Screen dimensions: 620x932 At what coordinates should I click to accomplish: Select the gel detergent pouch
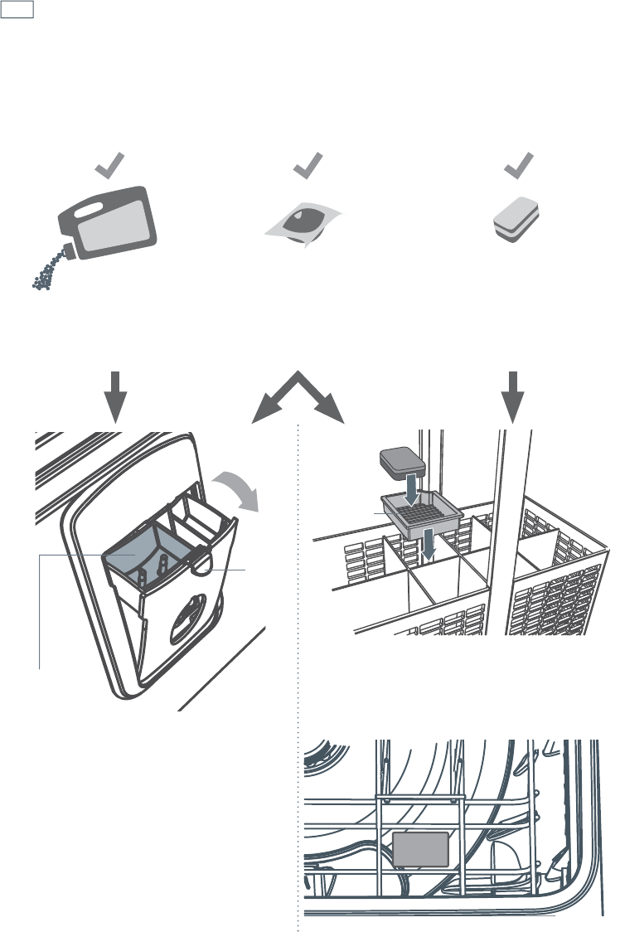point(306,223)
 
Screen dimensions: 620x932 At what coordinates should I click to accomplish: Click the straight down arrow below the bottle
point(117,395)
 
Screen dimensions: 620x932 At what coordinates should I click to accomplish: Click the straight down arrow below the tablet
point(515,395)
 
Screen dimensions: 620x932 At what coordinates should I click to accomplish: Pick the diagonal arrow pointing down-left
point(271,403)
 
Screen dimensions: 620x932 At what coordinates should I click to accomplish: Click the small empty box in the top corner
point(17,9)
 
